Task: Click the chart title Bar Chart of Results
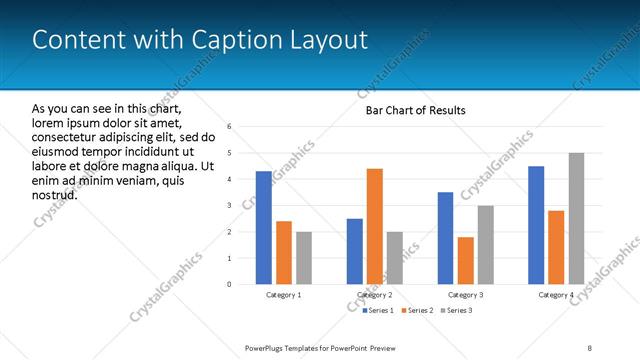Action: point(415,110)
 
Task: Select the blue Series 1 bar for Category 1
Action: point(264,228)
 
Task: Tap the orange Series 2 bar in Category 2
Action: point(375,226)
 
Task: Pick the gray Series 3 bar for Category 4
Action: point(576,218)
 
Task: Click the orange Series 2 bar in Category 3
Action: point(466,260)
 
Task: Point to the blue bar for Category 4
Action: point(536,225)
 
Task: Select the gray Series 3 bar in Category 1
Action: point(304,258)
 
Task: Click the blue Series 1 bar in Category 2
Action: point(355,251)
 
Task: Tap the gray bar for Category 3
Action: point(486,245)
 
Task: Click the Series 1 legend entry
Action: point(379,311)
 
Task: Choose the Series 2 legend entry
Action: point(419,311)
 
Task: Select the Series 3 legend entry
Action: point(458,311)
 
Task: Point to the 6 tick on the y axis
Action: point(230,127)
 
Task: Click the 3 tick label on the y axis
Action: point(230,206)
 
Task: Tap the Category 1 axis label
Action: point(284,295)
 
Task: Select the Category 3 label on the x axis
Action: point(466,295)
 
